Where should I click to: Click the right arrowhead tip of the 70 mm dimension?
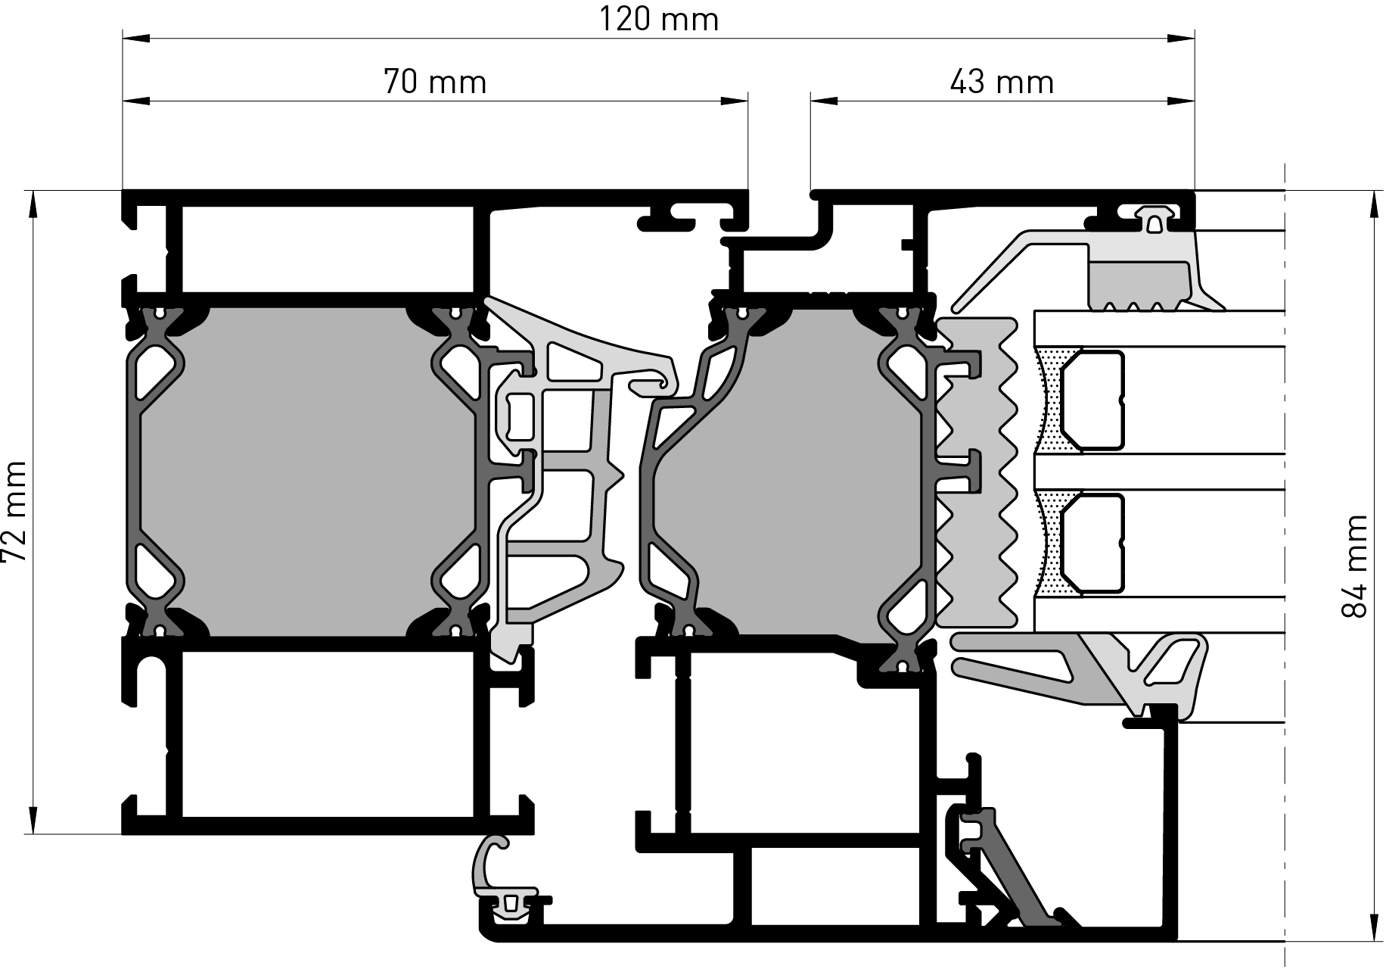coord(747,101)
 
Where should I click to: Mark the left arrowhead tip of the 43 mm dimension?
coord(811,101)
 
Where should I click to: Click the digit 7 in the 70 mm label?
coord(393,82)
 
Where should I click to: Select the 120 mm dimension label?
coord(659,19)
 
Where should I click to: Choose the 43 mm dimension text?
coord(1002,82)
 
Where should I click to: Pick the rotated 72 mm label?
coord(14,513)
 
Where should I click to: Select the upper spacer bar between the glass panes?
coord(1092,397)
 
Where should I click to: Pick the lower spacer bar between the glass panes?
coord(1092,542)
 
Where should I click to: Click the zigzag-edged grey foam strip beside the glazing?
coord(977,472)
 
